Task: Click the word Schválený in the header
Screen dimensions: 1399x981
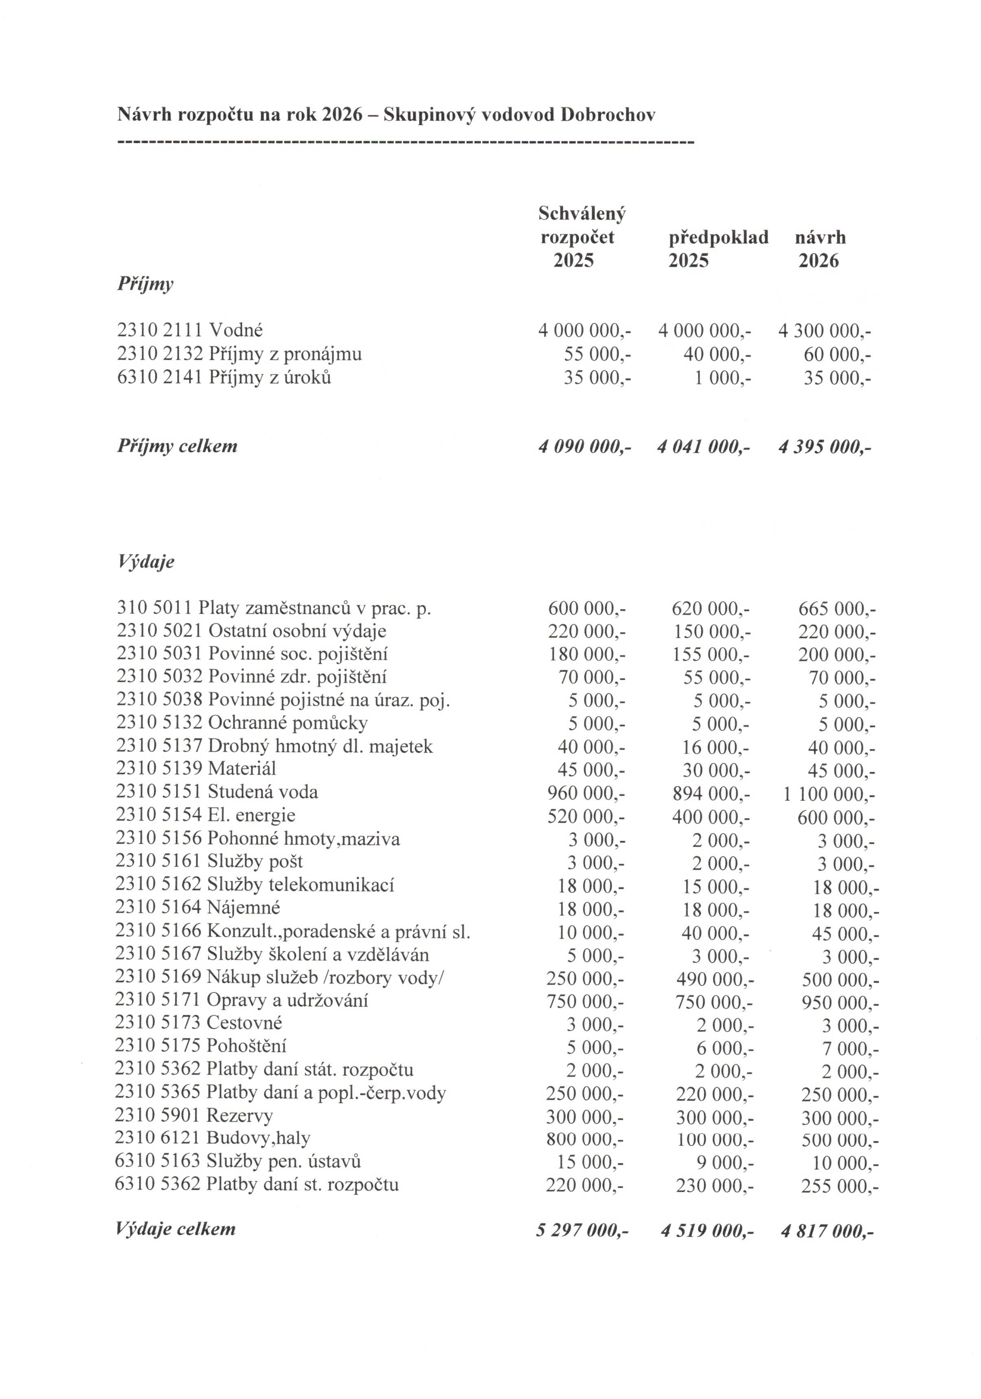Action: [582, 213]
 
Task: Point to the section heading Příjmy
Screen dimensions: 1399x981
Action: [145, 284]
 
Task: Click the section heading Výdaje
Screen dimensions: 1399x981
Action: [145, 561]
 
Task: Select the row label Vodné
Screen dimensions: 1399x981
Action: [235, 330]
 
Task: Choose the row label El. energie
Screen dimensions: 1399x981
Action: [251, 814]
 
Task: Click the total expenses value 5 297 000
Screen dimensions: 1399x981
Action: [582, 1230]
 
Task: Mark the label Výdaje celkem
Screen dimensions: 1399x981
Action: [175, 1228]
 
